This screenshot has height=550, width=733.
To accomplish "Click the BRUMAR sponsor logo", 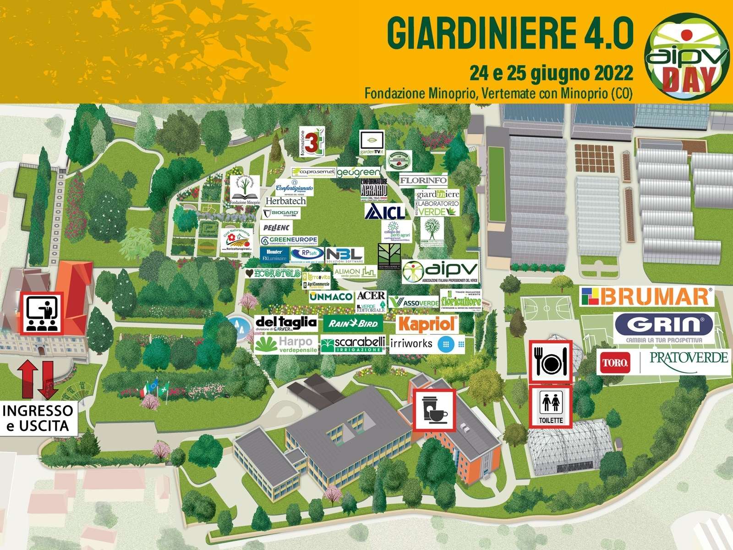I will (647, 297).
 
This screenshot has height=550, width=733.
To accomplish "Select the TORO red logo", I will (614, 362).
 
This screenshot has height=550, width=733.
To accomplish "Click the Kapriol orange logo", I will (427, 324).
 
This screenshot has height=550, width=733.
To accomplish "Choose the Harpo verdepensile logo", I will (286, 345).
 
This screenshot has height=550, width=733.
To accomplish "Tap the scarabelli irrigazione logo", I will (353, 345).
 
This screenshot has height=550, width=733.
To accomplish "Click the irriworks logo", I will (427, 344).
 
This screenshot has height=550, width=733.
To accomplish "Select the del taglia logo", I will (286, 324).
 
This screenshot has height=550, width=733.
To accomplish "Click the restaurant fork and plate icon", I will (551, 361).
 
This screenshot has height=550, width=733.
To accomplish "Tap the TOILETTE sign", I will (551, 407).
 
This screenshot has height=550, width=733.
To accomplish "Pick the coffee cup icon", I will (433, 410).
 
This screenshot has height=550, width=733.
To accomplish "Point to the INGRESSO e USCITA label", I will (38, 418).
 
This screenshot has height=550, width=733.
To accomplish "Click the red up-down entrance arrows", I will (38, 379).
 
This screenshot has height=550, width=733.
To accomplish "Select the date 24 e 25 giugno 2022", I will (551, 72).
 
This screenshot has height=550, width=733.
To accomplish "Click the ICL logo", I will (385, 212).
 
